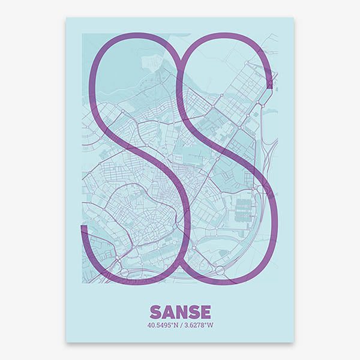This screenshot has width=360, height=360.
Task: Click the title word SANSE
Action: tap(180, 312)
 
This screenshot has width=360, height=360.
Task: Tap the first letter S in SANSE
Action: tap(155, 312)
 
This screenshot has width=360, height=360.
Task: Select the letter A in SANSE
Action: tap(167, 312)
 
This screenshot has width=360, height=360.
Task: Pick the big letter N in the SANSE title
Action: tap(181, 312)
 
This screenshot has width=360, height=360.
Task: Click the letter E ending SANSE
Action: tap(205, 312)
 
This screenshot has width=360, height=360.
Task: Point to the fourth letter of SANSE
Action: tap(193, 312)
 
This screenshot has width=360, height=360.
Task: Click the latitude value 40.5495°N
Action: tap(162, 326)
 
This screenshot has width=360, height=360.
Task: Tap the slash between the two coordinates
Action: tap(181, 326)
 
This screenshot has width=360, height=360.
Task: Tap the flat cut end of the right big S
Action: tap(269, 85)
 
